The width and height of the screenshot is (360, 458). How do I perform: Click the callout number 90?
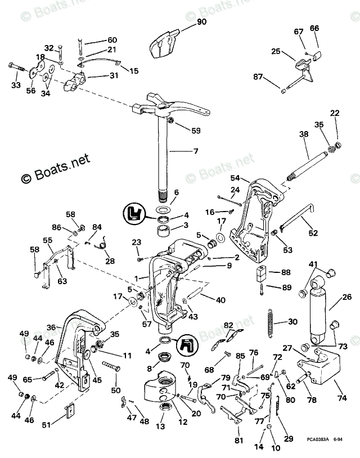coord(202,22)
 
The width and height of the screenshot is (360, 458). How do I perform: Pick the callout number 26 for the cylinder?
coord(347,297)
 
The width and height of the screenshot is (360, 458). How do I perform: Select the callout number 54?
coord(235,178)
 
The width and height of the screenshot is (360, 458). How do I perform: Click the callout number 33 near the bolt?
coord(16,85)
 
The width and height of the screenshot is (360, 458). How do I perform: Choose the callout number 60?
coord(112,40)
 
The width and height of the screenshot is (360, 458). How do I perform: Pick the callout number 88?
coord(286,272)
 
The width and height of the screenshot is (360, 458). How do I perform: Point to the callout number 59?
coord(195,131)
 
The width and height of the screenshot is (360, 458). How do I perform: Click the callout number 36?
coord(51,327)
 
